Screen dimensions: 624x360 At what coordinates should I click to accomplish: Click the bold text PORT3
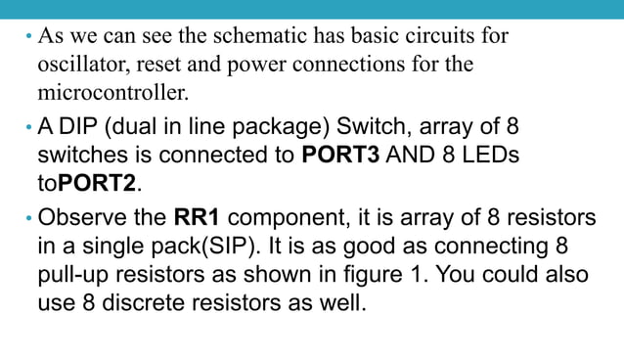pos(341,157)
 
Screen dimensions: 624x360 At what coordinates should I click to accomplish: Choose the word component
pos(287,218)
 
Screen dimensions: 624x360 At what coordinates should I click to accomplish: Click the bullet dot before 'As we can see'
pos(28,38)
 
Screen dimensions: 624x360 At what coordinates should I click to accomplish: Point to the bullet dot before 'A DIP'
pos(28,127)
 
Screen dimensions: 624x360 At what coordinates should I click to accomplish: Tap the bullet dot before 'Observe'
pos(28,218)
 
